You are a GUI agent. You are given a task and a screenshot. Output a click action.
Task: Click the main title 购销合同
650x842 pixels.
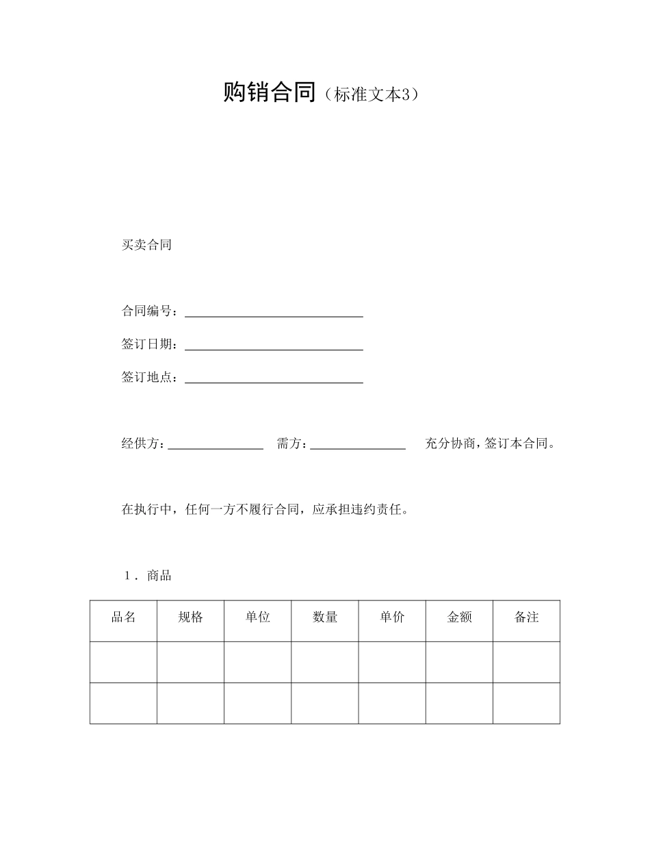click(x=269, y=92)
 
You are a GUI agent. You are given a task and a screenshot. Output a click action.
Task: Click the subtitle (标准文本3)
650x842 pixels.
click(x=370, y=95)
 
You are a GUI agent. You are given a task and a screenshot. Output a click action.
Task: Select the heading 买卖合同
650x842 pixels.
click(x=146, y=245)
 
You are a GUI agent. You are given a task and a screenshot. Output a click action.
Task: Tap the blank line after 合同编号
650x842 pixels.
click(x=274, y=312)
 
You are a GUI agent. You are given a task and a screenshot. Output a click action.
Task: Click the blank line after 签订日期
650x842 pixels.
click(x=274, y=345)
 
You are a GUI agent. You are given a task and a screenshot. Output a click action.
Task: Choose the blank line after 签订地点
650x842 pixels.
click(x=274, y=378)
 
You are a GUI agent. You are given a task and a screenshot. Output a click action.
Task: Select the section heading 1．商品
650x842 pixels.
click(x=147, y=576)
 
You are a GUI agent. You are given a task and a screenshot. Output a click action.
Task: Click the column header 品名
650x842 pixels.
click(x=124, y=617)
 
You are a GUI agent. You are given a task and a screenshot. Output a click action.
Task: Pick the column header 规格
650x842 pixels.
click(x=191, y=617)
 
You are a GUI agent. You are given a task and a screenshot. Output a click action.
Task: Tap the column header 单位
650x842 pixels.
click(x=258, y=617)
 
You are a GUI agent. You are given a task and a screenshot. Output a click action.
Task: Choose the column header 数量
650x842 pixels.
click(x=325, y=617)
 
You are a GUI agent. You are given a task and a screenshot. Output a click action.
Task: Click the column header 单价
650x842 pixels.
click(x=392, y=617)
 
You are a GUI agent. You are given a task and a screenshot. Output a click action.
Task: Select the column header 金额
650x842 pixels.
click(x=459, y=617)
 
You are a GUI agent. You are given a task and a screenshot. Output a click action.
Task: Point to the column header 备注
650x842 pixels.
click(x=526, y=617)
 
